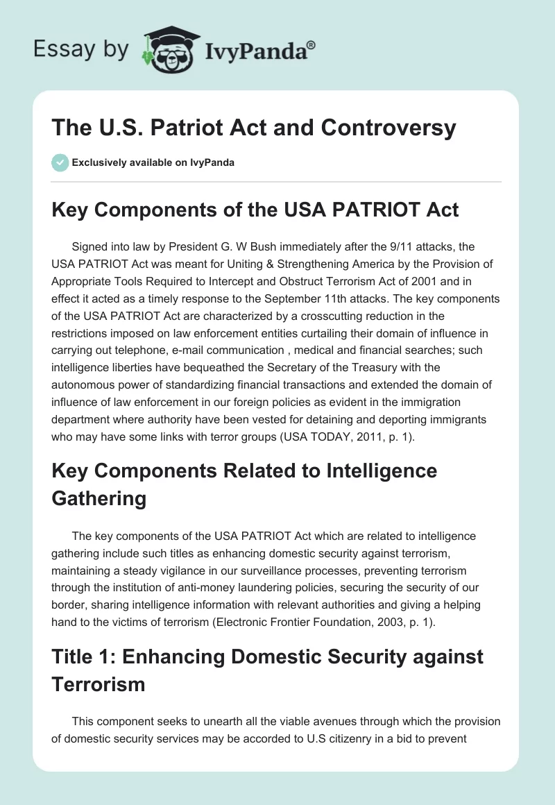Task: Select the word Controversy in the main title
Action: click(386, 128)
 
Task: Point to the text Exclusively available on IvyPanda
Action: click(153, 162)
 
